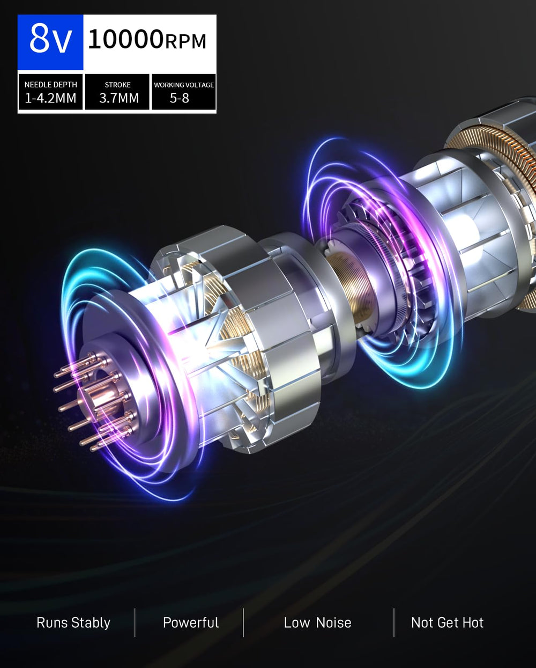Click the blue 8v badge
coord(50,42)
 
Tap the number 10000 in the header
coord(125,39)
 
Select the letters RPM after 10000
coord(185,41)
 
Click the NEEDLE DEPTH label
coord(50,84)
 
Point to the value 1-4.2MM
coord(50,98)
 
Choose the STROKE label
coord(117,85)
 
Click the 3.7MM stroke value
coord(119,98)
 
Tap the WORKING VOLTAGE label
coord(184,85)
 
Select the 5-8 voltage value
coord(179,98)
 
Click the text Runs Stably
coord(73,622)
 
